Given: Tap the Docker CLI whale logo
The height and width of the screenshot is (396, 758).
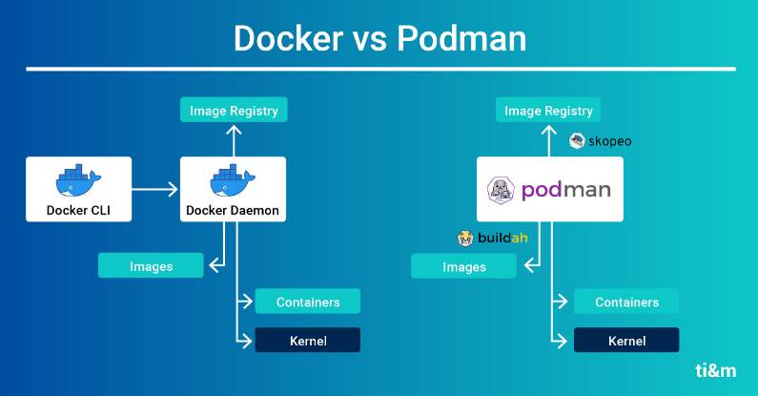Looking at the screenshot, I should (x=78, y=179).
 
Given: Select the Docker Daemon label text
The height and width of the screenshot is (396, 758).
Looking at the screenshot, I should (x=233, y=211).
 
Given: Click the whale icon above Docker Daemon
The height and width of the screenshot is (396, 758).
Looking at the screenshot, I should (x=233, y=179).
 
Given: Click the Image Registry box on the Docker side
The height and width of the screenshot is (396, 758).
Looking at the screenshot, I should (x=234, y=111).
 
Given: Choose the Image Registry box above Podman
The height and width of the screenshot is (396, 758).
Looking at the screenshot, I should (x=549, y=111).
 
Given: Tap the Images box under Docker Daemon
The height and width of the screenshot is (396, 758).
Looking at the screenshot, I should (x=151, y=266).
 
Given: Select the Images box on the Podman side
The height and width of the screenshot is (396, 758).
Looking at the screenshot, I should (x=464, y=266).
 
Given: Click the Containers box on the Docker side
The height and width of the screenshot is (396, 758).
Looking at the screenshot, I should (x=308, y=302).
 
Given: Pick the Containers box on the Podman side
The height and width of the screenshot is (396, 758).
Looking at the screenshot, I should (x=626, y=302).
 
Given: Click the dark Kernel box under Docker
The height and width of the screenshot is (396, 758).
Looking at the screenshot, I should (x=308, y=340).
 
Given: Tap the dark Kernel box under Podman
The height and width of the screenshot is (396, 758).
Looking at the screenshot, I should (x=626, y=340).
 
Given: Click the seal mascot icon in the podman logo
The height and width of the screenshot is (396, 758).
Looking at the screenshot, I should (x=502, y=191).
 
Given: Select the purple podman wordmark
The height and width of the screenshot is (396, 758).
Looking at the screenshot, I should (x=565, y=190).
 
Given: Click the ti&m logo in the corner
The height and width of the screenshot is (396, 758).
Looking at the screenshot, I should (x=714, y=371).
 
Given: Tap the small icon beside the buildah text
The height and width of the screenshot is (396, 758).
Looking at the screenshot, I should (x=466, y=239).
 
